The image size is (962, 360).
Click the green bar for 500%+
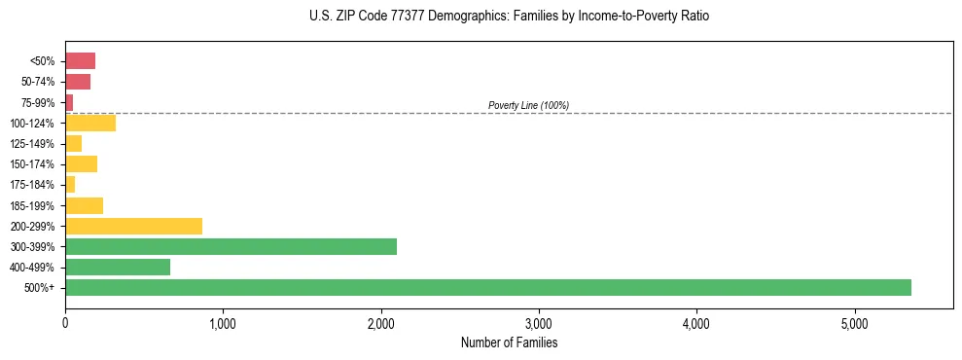tap(487, 287)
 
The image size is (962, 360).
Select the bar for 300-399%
tap(231, 246)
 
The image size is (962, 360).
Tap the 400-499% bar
tap(118, 267)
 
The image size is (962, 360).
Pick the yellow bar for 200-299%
tap(133, 226)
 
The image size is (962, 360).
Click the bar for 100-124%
tap(90, 123)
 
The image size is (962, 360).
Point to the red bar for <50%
tap(80, 61)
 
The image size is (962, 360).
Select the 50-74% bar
tap(78, 82)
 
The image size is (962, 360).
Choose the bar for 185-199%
tap(84, 205)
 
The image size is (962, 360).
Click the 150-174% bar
tap(81, 163)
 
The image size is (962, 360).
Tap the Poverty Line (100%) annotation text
tap(528, 105)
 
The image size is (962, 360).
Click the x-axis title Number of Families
tap(509, 342)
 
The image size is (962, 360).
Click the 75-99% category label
tap(39, 102)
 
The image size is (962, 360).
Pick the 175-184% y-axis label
tap(34, 185)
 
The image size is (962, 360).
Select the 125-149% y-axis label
tap(34, 144)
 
